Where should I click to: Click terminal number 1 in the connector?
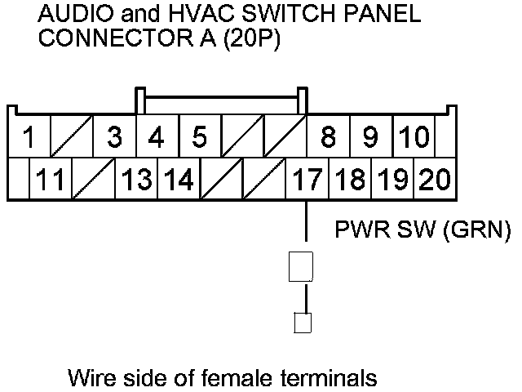tap(29, 137)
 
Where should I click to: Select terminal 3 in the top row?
tap(114, 137)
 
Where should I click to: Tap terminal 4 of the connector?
tap(156, 137)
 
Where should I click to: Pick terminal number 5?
tap(199, 137)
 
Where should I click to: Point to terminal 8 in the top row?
tap(328, 137)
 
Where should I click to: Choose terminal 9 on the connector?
tap(370, 137)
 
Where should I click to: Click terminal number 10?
tap(414, 137)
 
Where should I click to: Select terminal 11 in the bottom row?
tap(51, 179)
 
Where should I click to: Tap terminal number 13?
tap(137, 179)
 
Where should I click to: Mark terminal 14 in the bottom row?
tap(178, 179)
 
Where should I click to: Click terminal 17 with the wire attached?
tap(307, 179)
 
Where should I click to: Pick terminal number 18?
tap(350, 179)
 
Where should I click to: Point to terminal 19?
tap(392, 179)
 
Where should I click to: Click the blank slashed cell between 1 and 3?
tap(71, 137)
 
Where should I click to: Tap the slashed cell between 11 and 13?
tap(93, 179)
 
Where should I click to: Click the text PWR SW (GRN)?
tap(423, 231)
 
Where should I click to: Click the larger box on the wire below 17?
tap(302, 267)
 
